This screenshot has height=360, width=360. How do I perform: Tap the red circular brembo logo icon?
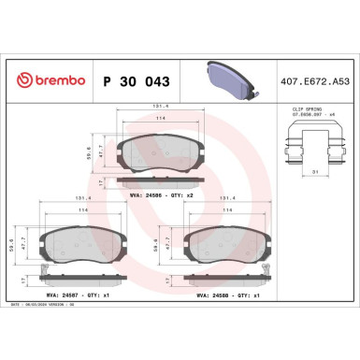pos(21,82)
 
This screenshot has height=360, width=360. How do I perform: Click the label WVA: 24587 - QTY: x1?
pos(85,294)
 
